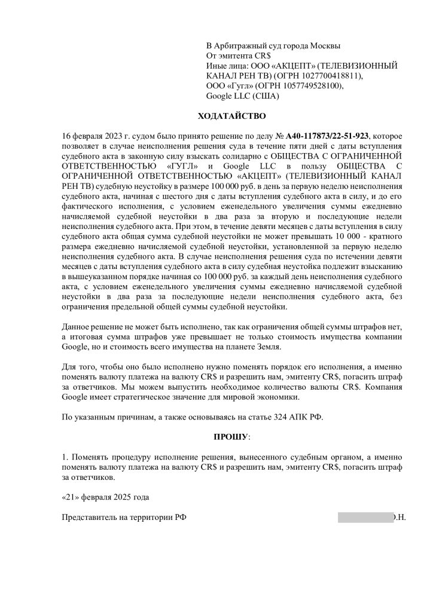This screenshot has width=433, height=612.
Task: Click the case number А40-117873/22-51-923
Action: pyautogui.click(x=328, y=137)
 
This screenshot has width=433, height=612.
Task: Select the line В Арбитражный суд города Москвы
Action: pyautogui.click(x=273, y=46)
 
